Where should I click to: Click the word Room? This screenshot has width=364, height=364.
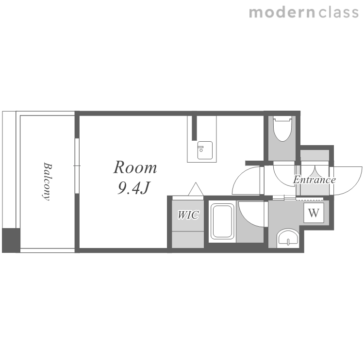tap(135, 167)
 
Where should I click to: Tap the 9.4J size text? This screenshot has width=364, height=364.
tap(133, 187)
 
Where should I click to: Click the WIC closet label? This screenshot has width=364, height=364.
tap(188, 215)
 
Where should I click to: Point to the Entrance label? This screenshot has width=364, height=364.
tap(314, 180)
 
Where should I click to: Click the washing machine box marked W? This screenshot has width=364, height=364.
tap(314, 213)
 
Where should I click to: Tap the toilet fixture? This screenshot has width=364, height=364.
tap(282, 129)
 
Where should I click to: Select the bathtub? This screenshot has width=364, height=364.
tap(222, 221)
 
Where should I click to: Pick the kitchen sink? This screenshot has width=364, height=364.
tap(205, 150)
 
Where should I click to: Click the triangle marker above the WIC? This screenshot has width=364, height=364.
tap(196, 189)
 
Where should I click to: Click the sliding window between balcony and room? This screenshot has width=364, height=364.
tap(77, 166)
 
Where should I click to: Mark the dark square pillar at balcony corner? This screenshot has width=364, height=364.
tap(11, 240)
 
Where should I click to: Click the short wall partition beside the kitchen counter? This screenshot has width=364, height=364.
tap(194, 128)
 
